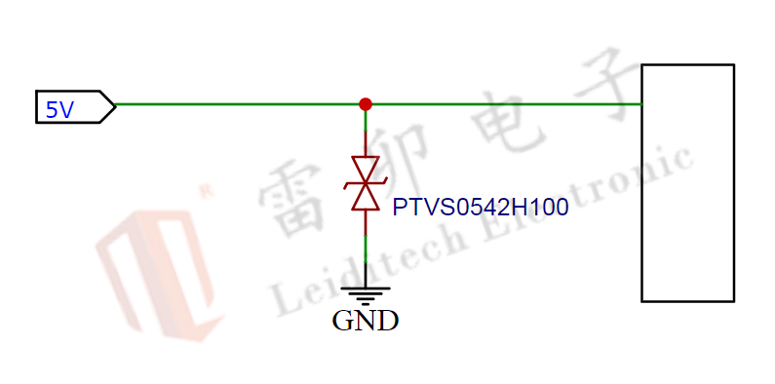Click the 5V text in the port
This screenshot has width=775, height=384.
(60, 108)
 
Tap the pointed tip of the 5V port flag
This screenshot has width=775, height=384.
(115, 105)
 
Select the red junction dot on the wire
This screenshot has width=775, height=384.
(366, 104)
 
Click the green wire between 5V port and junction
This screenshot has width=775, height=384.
(239, 104)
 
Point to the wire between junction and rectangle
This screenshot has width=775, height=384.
(502, 104)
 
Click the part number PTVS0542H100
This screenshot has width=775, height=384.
(480, 209)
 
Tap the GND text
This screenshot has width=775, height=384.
(366, 321)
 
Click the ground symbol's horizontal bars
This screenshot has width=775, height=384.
(366, 294)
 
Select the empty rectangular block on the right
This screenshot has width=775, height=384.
(687, 182)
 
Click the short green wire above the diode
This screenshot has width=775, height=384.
(366, 132)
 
